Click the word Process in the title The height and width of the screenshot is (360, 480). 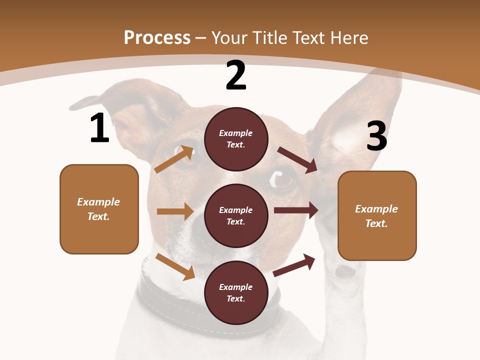click(x=157, y=37)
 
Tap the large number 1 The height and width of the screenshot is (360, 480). click(x=99, y=128)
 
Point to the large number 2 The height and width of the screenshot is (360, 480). click(x=236, y=76)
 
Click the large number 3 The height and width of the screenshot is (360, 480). click(x=376, y=136)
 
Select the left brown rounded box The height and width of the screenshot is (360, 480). click(x=99, y=209)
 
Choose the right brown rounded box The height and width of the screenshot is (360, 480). click(x=377, y=215)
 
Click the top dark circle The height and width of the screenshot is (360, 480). click(x=236, y=139)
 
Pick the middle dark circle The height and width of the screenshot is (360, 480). click(x=236, y=215)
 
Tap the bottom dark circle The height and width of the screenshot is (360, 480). click(x=236, y=292)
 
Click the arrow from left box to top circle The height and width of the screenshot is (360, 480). click(x=174, y=159)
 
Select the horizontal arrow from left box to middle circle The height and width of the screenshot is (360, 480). click(x=175, y=211)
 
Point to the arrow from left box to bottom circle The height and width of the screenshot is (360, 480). click(x=175, y=266)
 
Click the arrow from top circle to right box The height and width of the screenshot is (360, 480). click(x=298, y=159)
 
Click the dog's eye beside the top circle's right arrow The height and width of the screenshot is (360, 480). click(x=283, y=178)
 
